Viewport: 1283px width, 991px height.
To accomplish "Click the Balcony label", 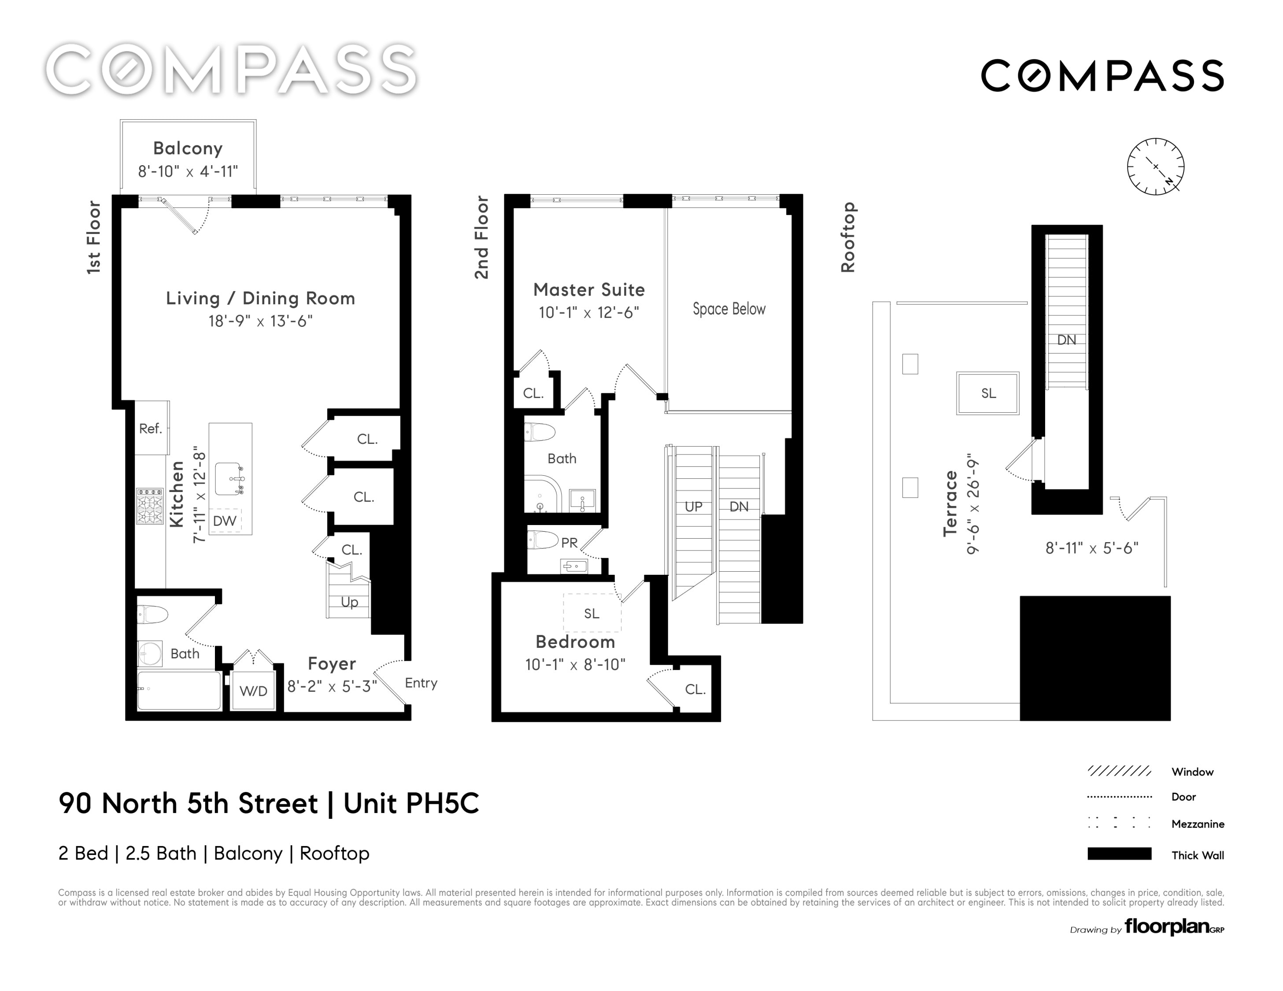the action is (188, 148).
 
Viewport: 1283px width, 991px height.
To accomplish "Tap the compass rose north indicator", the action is (1169, 181).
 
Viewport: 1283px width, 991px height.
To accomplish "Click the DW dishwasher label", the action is (225, 521).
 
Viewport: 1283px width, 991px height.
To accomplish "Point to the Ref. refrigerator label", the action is (150, 429).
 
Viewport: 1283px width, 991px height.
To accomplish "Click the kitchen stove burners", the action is (150, 505).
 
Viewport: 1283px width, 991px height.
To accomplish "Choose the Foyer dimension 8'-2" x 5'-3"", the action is (332, 686).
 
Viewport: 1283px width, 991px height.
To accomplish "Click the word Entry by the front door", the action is (421, 683).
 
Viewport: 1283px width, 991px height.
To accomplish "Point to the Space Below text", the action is (729, 309).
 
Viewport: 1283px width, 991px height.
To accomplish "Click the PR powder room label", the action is (569, 543).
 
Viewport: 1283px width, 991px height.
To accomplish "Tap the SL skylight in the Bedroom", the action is (592, 613).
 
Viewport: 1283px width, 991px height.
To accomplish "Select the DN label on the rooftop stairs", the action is (1066, 340).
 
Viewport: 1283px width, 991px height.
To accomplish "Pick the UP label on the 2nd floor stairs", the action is (693, 507).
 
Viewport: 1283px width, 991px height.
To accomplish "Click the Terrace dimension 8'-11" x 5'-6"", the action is (1091, 548).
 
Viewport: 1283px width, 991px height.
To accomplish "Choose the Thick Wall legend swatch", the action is (1119, 854).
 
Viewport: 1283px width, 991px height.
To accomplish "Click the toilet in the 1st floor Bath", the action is (153, 615).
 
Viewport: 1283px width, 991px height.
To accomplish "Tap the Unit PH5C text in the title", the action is (411, 803).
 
